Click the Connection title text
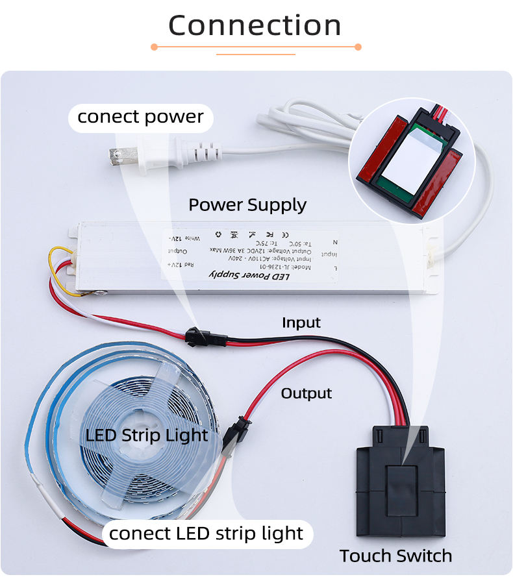[255, 25]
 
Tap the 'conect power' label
[140, 117]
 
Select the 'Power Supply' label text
[247, 205]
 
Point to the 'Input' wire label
[301, 323]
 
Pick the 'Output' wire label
[306, 393]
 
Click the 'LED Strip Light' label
[147, 435]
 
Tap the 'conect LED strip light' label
[206, 534]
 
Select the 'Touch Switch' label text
[395, 556]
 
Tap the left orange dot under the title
[154, 47]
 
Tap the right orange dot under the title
[358, 47]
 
